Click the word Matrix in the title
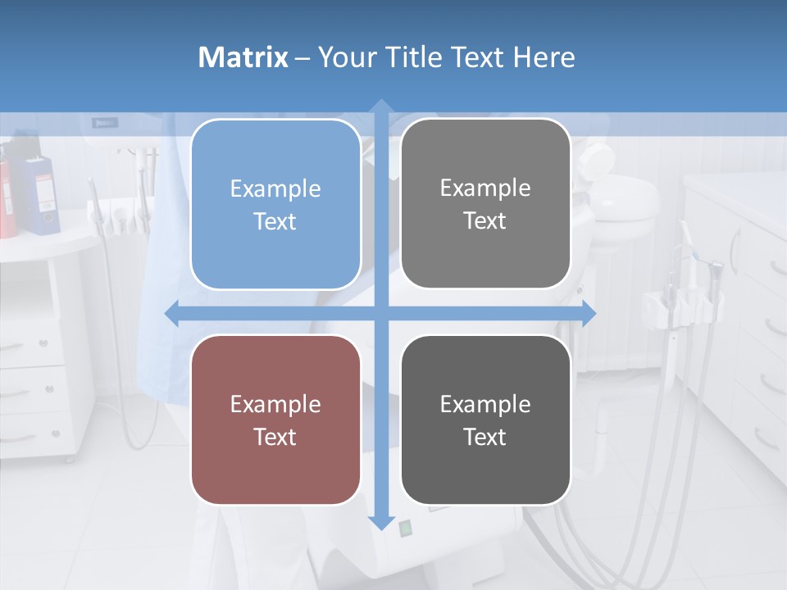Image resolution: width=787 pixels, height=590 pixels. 243,57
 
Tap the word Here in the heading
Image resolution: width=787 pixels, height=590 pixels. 544,57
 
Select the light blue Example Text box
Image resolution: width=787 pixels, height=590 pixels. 275,204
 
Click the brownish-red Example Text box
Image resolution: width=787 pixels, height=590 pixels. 275,420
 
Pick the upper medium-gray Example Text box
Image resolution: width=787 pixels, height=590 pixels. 485,203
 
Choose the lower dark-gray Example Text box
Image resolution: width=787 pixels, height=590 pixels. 485,420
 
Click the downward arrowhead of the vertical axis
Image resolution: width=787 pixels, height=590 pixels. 381,523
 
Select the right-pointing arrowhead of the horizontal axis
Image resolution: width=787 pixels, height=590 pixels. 589,314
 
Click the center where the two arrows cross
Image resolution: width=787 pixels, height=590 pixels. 381,314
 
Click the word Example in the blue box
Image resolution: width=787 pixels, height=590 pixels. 275,189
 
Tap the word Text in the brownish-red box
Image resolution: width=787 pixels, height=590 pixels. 275,437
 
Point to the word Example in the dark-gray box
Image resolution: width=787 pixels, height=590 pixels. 485,404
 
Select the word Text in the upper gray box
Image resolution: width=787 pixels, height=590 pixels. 485,220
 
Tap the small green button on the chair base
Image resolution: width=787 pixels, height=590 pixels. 405,529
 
